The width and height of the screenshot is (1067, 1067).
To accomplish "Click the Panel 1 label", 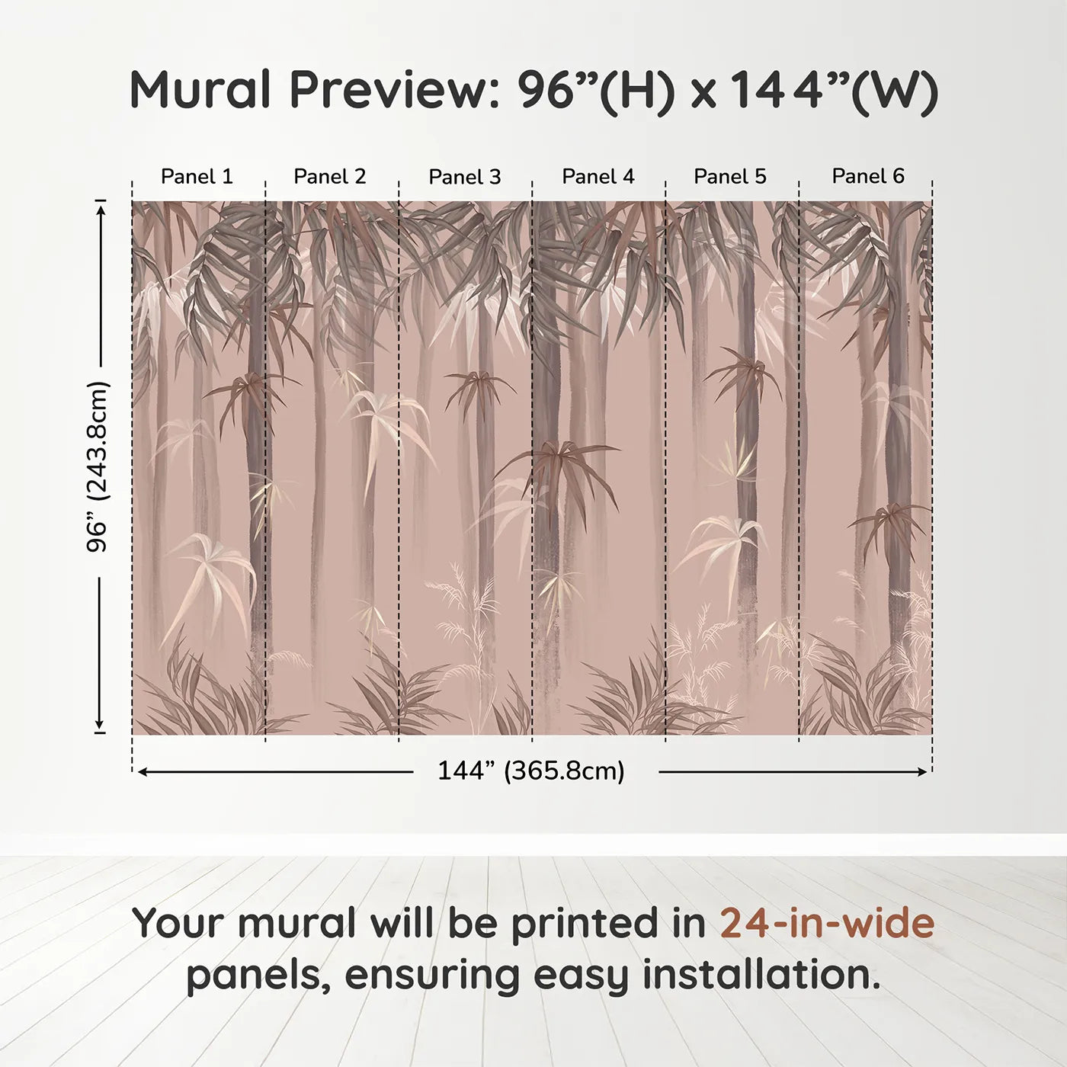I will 197,177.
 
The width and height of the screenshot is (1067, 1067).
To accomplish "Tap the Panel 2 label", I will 330,177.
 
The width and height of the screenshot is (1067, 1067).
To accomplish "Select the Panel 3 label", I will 465,178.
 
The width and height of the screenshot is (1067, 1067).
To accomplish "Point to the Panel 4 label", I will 598,177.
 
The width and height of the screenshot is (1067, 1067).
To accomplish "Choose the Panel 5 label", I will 730,177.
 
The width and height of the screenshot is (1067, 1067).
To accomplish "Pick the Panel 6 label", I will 868,177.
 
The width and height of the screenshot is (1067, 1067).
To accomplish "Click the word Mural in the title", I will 200,90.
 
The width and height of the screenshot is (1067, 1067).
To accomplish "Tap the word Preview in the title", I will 394,90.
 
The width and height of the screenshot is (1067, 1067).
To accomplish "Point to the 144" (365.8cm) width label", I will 531,771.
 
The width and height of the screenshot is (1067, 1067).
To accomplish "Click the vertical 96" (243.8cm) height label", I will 98,466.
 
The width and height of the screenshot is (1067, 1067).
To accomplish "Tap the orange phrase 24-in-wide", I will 827,923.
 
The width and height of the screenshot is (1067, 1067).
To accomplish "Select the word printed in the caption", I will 585,924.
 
